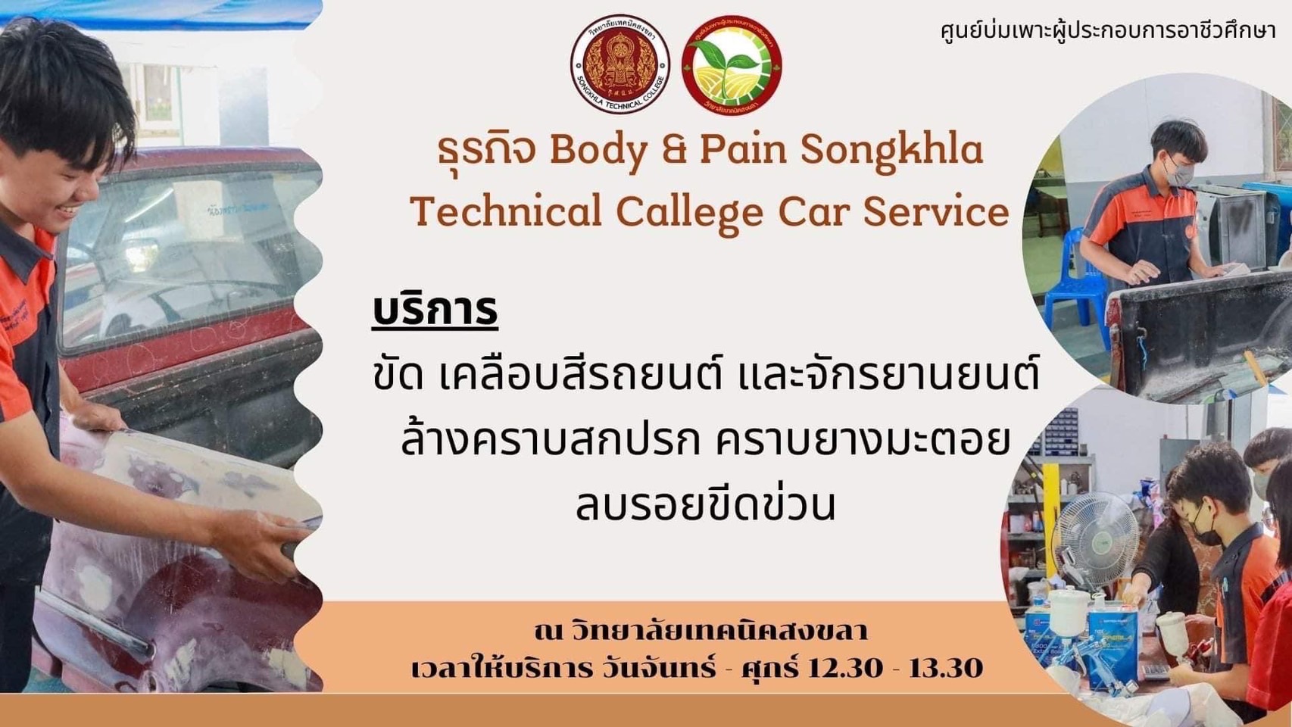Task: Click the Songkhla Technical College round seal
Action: tap(620, 64)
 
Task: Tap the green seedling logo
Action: tap(732, 64)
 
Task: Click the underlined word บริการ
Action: tap(435, 310)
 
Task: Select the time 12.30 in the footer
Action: tap(845, 669)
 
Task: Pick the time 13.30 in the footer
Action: tap(946, 669)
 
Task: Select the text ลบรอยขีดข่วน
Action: tap(705, 504)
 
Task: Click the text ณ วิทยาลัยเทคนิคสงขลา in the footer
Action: tap(701, 630)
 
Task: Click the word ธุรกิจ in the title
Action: tap(486, 151)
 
